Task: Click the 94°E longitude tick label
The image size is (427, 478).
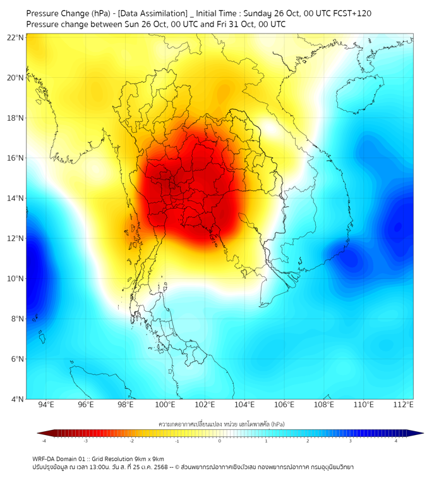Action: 46,405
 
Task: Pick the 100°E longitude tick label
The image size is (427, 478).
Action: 165,405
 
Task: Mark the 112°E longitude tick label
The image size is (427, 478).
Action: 404,405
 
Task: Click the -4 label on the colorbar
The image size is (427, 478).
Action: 44,441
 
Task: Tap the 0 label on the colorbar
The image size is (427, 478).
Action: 220,441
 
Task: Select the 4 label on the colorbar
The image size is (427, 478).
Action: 396,441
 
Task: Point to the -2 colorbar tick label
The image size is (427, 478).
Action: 131,441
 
